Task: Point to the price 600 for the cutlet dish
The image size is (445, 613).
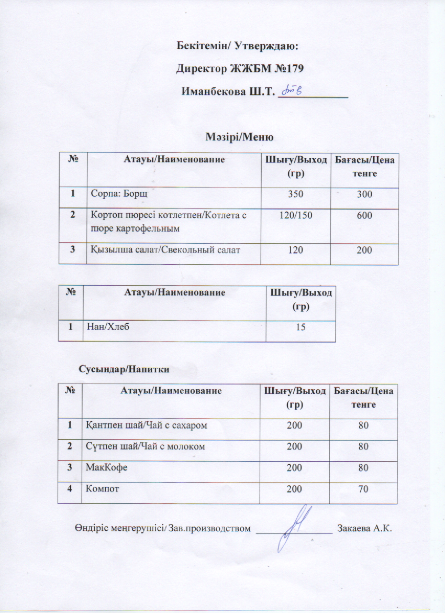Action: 364,214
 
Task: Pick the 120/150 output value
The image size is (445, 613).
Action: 296,214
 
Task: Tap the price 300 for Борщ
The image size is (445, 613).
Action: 364,195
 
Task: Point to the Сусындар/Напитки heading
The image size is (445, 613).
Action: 124,369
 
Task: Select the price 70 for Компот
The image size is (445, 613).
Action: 363,489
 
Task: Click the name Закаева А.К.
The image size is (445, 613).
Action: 365,528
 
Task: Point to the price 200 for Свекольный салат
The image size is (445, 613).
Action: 364,250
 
